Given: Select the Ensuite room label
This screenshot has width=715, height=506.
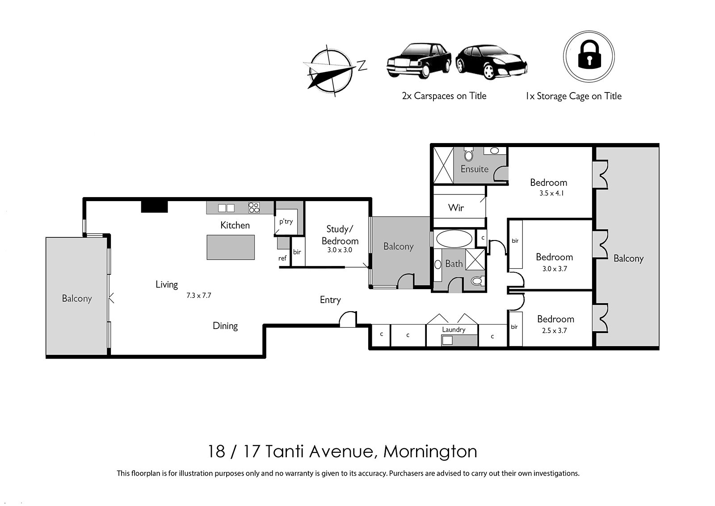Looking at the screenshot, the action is click(x=474, y=169).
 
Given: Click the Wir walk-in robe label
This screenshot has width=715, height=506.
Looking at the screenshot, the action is click(x=456, y=208).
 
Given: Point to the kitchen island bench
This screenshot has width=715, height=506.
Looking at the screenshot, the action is click(x=231, y=248).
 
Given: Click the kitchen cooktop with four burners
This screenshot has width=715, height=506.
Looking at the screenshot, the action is click(x=254, y=207).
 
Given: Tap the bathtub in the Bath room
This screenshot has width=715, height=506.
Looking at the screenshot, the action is click(x=454, y=239).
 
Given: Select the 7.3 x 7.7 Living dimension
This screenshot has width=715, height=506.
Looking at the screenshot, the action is click(x=198, y=295).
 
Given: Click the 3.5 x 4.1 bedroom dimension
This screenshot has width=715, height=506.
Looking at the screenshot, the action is click(x=551, y=193).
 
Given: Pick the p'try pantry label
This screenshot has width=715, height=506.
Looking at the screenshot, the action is click(x=286, y=222).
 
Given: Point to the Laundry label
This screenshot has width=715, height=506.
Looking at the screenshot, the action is click(x=454, y=329).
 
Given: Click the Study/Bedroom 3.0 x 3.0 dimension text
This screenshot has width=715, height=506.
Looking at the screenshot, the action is click(x=340, y=250).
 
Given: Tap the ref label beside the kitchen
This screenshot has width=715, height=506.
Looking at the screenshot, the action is click(x=282, y=258).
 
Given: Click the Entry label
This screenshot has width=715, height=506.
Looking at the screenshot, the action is click(x=330, y=300).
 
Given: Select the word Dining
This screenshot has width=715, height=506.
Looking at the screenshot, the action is click(x=225, y=326).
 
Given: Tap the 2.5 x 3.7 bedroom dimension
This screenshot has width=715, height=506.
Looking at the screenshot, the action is click(x=554, y=331).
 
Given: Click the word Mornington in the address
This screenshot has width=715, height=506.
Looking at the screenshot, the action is click(x=430, y=452).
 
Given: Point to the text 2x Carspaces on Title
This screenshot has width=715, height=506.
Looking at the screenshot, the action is click(x=444, y=96).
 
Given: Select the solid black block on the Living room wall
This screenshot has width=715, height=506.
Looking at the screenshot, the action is click(x=155, y=207).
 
